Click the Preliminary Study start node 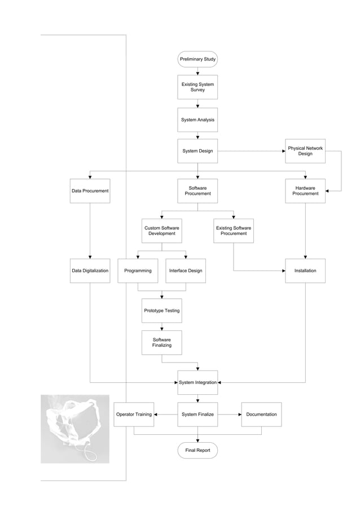(x=197, y=59)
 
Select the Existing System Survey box (x=197, y=88)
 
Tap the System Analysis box (x=197, y=120)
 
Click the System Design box (x=197, y=151)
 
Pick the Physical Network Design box (x=305, y=151)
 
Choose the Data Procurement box (x=90, y=191)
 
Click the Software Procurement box (x=197, y=191)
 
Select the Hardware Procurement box (x=305, y=191)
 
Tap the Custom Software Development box (x=162, y=230)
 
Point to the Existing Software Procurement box (x=234, y=230)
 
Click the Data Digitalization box (x=90, y=271)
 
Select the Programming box (x=138, y=271)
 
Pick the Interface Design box (x=186, y=271)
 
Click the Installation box (x=305, y=271)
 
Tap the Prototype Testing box (x=162, y=311)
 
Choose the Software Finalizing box (x=162, y=342)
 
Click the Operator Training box (x=134, y=415)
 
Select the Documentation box (x=261, y=415)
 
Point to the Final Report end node (x=197, y=450)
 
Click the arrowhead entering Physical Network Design (x=283, y=151)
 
